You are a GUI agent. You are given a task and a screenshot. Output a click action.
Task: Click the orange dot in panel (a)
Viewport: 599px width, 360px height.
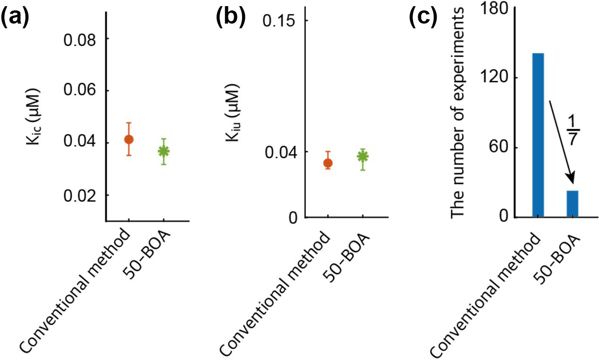click(128, 139)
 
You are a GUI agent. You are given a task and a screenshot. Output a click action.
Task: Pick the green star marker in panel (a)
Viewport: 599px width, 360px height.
click(163, 151)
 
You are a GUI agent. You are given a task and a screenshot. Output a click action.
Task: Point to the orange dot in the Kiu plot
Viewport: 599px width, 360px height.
click(328, 163)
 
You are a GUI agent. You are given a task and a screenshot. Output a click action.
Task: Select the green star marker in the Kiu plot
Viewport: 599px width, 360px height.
click(363, 156)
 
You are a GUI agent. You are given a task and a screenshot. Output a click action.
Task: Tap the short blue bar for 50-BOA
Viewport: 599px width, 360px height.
click(573, 204)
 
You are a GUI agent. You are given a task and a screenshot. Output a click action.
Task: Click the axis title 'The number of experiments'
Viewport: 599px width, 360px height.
click(459, 114)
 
